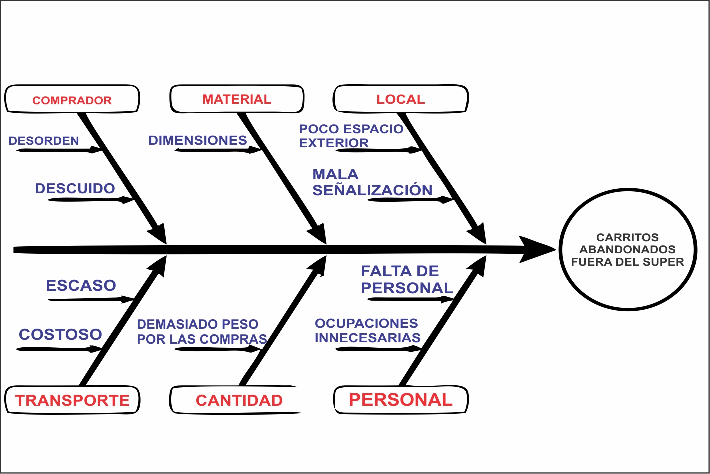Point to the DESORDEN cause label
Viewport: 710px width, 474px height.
click(44, 141)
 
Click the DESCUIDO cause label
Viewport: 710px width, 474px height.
click(75, 188)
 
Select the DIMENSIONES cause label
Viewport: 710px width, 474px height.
click(198, 140)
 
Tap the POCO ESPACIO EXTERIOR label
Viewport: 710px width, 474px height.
click(351, 136)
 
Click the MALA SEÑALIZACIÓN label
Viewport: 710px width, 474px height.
click(373, 182)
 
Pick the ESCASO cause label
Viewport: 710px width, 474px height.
click(81, 285)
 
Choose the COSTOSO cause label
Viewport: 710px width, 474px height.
click(60, 334)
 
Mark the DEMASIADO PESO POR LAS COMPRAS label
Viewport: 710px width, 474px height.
click(202, 332)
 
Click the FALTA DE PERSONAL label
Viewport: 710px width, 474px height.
click(407, 280)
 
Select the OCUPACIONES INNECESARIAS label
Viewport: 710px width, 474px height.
click(367, 330)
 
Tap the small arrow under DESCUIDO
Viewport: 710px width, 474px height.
click(91, 200)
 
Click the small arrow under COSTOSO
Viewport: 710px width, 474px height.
click(59, 349)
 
